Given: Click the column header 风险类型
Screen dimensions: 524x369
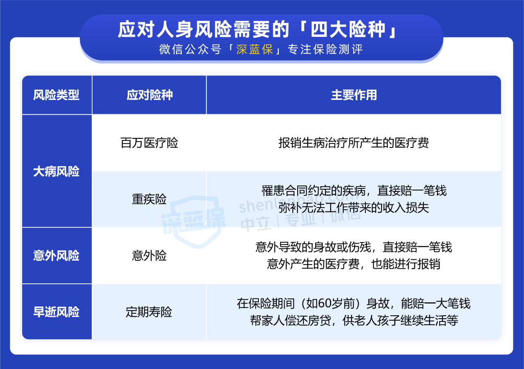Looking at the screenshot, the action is (56, 95).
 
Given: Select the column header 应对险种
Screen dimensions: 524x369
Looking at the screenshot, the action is (150, 95).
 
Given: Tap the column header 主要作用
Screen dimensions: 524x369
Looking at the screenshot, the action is (354, 95).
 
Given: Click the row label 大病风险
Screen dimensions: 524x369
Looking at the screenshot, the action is (56, 171).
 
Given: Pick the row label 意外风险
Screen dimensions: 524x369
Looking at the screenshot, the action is (56, 255).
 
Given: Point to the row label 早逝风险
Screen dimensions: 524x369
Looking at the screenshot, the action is (56, 312).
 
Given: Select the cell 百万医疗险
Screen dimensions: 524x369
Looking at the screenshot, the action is (149, 143).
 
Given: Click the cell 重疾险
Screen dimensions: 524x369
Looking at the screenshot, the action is (149, 199).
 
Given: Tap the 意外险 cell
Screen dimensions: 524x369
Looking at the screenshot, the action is (149, 255).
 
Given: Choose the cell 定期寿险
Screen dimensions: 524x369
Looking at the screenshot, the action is (149, 312).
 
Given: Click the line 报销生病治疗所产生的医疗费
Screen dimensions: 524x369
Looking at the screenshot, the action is (354, 143).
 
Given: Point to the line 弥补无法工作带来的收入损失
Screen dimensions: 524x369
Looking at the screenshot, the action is (354, 208).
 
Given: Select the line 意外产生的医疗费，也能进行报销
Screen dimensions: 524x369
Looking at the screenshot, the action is (354, 264).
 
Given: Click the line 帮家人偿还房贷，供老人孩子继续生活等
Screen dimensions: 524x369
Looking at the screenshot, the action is (354, 320).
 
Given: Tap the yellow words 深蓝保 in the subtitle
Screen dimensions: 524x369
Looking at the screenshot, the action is (255, 50).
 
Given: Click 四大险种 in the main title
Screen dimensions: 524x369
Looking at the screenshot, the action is (348, 29).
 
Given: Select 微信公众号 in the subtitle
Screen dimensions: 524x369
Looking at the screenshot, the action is (190, 50).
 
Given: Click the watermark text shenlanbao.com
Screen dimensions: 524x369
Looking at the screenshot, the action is (298, 203).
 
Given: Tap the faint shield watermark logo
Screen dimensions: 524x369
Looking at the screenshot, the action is (194, 221).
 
